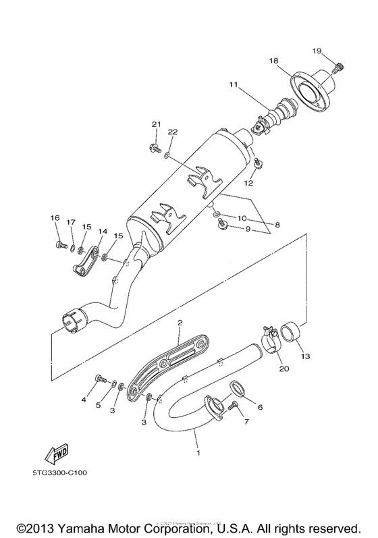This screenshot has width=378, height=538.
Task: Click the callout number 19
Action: (336, 51)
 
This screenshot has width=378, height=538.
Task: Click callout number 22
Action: (172, 131)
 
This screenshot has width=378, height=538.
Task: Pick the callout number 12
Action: (248, 183)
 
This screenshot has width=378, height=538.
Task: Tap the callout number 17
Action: (71, 222)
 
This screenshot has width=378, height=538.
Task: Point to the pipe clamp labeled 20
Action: (270, 337)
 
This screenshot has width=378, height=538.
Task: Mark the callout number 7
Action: (246, 422)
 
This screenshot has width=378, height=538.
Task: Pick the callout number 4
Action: (84, 400)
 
